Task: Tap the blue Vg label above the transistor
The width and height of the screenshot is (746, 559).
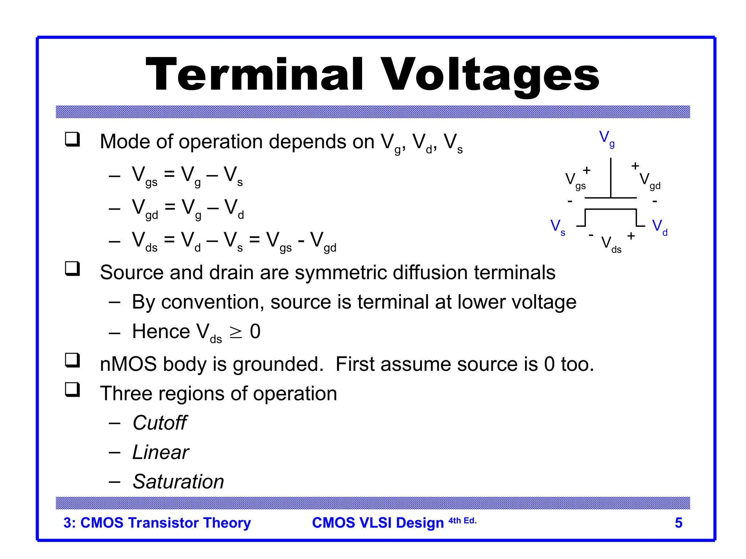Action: click(606, 139)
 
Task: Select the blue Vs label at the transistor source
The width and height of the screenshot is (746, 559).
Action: click(557, 227)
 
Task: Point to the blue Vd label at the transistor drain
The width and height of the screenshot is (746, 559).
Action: click(659, 227)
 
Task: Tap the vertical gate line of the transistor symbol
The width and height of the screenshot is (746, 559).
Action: click(611, 178)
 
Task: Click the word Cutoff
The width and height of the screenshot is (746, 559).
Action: click(160, 423)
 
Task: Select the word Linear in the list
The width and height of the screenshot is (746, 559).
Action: click(161, 452)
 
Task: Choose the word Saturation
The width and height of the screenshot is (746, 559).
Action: click(178, 481)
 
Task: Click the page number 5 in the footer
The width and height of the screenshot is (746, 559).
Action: click(678, 523)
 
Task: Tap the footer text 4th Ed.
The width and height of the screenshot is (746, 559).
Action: click(462, 521)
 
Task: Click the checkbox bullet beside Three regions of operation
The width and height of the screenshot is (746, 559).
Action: click(72, 390)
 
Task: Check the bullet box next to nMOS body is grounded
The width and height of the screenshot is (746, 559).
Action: click(72, 360)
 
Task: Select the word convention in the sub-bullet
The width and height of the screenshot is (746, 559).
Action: click(212, 302)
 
